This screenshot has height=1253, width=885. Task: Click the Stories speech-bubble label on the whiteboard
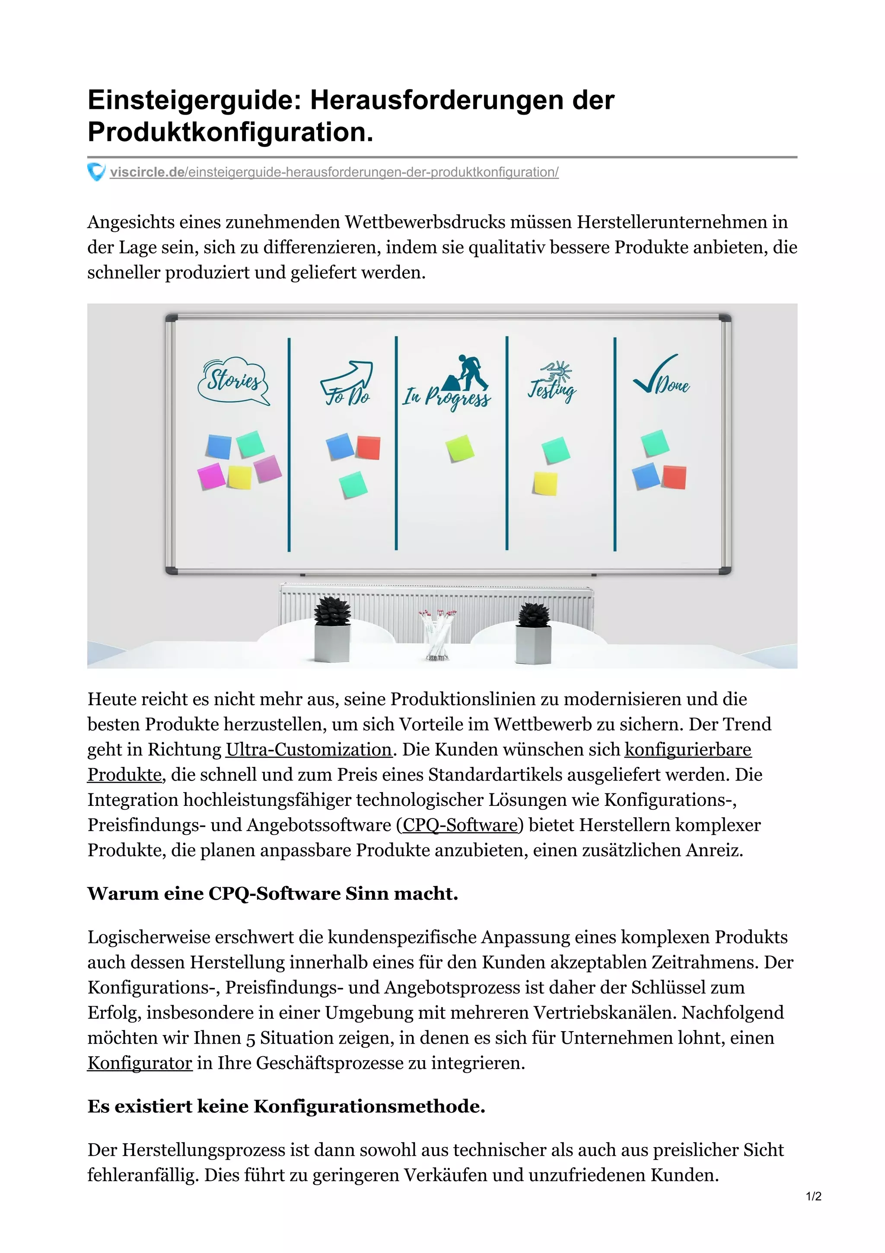click(233, 381)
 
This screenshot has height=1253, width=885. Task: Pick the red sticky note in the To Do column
click(369, 447)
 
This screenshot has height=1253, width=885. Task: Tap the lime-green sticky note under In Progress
click(459, 448)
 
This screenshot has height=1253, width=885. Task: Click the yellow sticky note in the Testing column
click(545, 483)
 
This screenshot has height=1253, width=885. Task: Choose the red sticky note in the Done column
click(674, 477)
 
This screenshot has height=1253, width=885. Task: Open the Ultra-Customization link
click(309, 749)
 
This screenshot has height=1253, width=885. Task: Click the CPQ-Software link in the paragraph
click(460, 825)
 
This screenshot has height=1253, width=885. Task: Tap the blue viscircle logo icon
click(96, 172)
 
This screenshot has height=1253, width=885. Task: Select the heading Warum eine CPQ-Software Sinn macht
click(273, 893)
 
